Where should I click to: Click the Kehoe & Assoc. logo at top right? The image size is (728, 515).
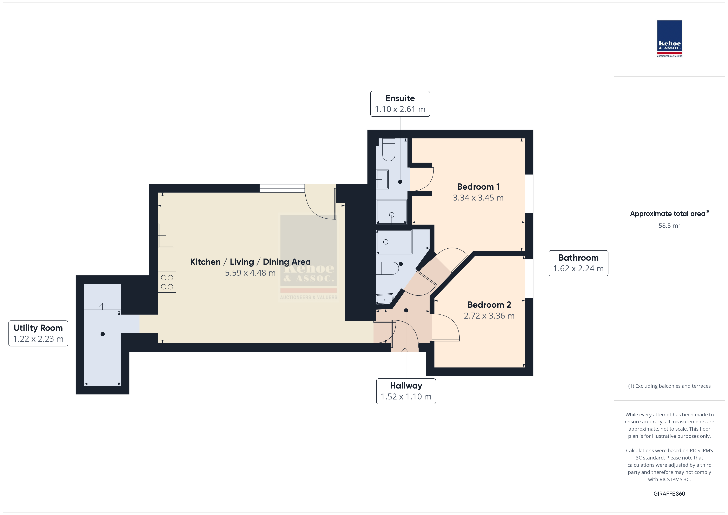[669, 39]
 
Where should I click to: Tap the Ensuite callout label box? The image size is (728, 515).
[400, 104]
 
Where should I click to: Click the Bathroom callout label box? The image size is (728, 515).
[578, 263]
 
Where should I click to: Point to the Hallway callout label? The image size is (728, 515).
[406, 391]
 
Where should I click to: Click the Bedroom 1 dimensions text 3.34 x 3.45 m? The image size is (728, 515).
[478, 198]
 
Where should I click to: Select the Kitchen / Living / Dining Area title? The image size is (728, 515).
[250, 262]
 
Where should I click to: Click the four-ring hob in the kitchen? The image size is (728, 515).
[167, 282]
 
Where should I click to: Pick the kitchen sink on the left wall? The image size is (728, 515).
[166, 235]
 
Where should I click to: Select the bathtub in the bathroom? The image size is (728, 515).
[394, 242]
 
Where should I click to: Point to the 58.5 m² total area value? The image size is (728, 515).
[669, 226]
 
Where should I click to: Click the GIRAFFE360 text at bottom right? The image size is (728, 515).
[669, 494]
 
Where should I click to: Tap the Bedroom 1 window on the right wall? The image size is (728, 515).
[529, 194]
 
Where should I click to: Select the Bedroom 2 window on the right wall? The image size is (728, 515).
[529, 278]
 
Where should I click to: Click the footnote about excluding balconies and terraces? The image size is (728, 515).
[669, 386]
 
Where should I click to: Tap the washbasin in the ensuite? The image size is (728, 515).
[382, 180]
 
